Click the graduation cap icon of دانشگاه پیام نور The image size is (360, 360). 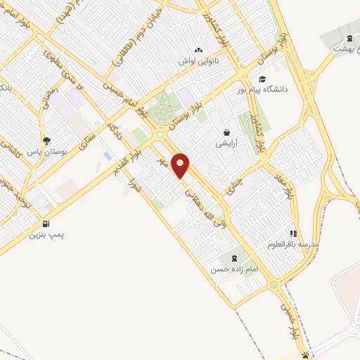(262, 79)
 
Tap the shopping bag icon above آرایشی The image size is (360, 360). (227, 131)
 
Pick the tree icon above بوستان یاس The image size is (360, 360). (47, 141)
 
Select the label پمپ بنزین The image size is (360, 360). (46, 235)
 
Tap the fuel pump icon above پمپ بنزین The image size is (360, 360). (46, 224)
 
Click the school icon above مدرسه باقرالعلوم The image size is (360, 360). (293, 233)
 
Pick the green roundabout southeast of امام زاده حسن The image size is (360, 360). (273, 285)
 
